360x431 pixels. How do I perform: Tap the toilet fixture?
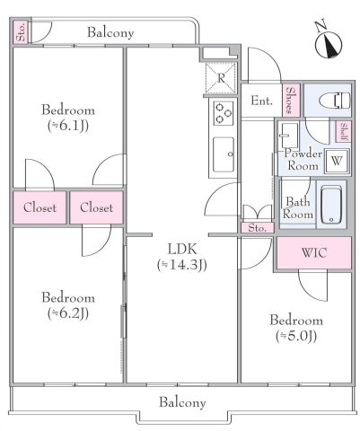coord(335,101)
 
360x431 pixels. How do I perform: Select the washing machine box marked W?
coord(337,162)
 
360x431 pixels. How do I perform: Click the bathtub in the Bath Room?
coord(331,205)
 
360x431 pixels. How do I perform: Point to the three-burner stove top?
coord(224,112)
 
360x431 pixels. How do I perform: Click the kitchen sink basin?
coord(224,154)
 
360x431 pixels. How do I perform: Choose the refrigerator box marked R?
coord(221,78)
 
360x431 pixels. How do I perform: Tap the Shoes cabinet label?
coord(291,101)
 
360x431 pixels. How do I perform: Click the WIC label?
coord(314,252)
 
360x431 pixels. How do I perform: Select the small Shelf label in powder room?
coord(344,132)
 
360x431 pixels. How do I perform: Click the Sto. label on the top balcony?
coord(22,31)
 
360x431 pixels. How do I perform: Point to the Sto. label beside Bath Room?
coord(258,228)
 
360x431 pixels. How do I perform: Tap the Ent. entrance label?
coord(261,101)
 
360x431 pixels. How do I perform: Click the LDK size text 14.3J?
coord(182,264)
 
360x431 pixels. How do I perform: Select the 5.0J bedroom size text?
coord(296,336)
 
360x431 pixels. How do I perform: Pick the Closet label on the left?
coord(40,207)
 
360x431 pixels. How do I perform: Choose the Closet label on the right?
coord(96,207)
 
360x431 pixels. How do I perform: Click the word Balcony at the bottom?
coord(182,402)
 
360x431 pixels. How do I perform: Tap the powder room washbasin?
coord(289,135)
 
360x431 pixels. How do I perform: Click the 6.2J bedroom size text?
coord(68,313)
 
